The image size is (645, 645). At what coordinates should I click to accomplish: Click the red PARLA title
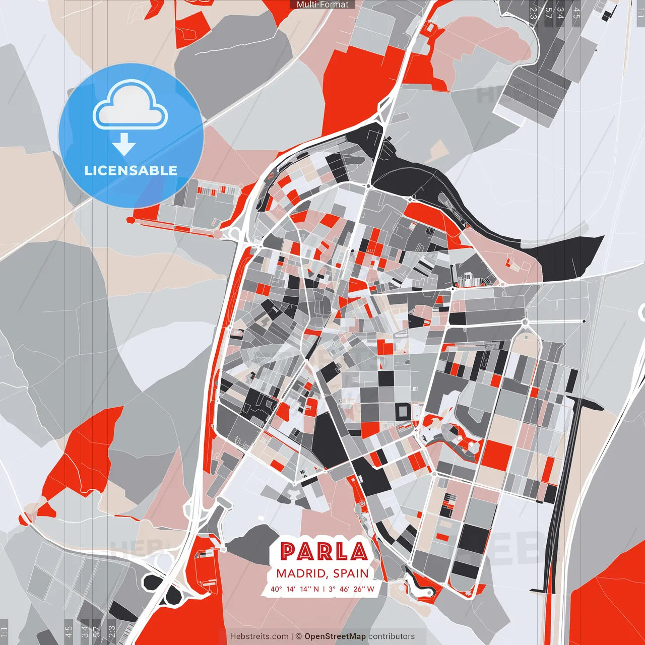324,552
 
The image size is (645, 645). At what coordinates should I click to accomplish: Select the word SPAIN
351,573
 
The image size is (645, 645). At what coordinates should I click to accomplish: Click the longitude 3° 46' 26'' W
351,589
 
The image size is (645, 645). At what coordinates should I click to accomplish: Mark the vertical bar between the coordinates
324,589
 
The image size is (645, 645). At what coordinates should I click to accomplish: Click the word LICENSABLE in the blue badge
131,170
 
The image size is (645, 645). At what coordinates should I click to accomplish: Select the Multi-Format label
322,5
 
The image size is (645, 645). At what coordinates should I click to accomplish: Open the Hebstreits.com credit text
259,636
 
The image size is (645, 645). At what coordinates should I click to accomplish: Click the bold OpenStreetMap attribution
335,636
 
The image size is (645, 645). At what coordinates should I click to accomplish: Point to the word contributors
392,636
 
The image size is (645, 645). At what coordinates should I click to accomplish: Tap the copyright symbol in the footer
299,636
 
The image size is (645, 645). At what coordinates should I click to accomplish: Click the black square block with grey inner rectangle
404,411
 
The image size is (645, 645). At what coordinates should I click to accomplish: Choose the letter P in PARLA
288,552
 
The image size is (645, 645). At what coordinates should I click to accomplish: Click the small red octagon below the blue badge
131,220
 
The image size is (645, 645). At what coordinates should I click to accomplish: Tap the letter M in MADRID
281,573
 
